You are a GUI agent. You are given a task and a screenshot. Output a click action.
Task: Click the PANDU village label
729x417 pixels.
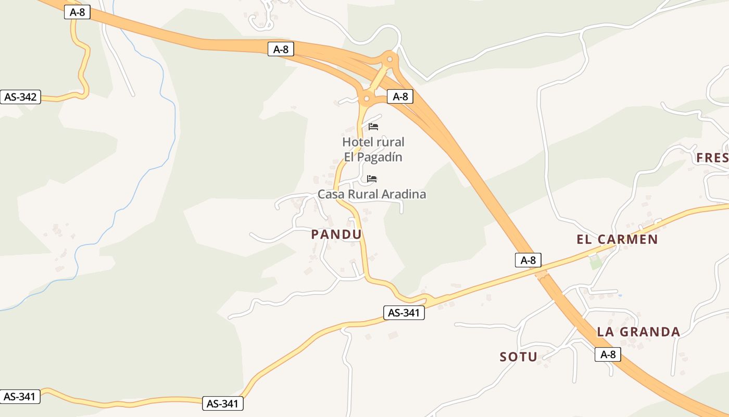tap(336, 235)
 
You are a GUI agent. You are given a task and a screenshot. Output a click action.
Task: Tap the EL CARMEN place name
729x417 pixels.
tap(617, 240)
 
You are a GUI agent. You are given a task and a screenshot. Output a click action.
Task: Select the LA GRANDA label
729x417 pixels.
tap(638, 332)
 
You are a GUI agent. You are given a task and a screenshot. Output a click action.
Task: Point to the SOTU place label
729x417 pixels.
tap(518, 357)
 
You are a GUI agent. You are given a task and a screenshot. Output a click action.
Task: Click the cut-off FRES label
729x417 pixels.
tap(712, 158)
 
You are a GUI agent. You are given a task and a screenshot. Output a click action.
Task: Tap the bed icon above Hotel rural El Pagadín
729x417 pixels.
tap(373, 127)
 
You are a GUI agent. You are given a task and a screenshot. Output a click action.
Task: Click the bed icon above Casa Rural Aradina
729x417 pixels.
tap(372, 179)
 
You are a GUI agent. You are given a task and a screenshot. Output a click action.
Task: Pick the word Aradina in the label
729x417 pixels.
tap(404, 194)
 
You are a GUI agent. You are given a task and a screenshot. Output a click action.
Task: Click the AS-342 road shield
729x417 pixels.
tap(20, 97)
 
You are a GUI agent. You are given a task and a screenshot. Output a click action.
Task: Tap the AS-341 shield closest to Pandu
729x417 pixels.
tap(404, 313)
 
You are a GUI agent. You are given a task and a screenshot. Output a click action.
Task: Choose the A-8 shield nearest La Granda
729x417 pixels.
tap(608, 355)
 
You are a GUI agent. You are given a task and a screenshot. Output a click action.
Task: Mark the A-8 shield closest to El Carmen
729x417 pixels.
tap(528, 260)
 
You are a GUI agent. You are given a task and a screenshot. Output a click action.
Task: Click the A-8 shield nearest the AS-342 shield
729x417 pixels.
tap(77, 12)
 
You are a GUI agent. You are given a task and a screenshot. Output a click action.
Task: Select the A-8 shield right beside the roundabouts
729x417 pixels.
tap(400, 96)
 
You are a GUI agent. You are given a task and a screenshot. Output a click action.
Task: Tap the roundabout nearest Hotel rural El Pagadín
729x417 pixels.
tap(367, 98)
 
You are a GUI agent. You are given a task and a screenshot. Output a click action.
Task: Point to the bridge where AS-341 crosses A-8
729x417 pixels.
tap(542, 274)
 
